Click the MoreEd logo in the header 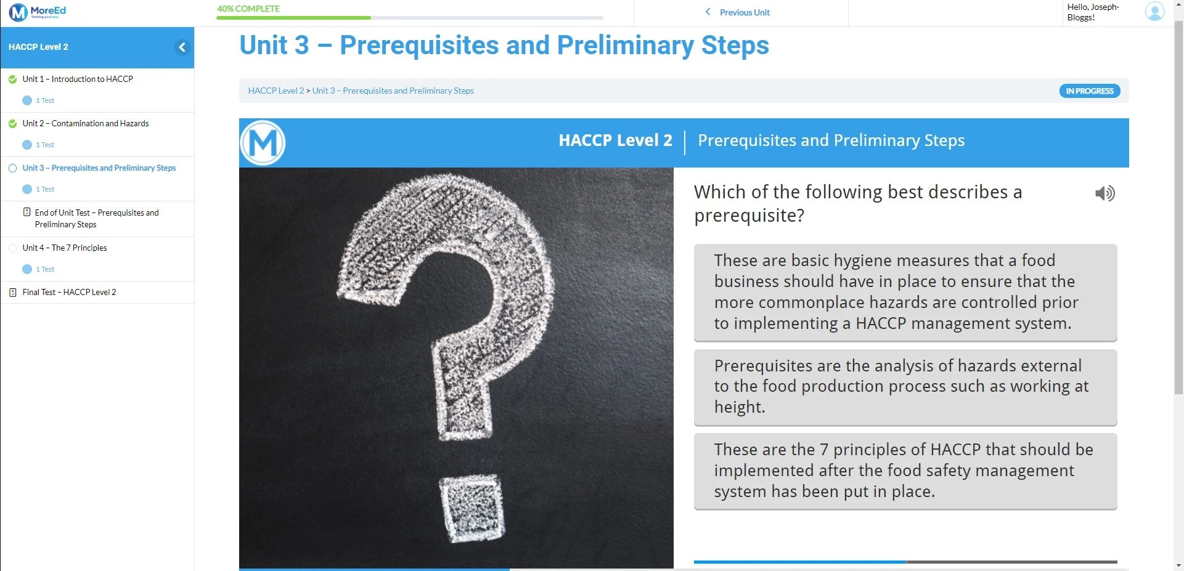[37, 12]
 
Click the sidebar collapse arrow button [182, 47]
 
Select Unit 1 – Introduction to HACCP [78, 79]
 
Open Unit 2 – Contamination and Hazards [86, 123]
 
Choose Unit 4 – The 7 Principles [65, 248]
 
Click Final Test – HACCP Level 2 [69, 292]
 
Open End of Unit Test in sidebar [97, 218]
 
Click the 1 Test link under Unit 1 [44, 100]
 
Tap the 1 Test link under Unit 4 [44, 269]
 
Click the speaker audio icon [1104, 193]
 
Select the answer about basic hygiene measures [905, 292]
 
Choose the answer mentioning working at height [905, 387]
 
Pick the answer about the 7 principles [905, 471]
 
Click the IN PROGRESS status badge [1089, 91]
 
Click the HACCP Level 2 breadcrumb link [276, 91]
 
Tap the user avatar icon [1154, 12]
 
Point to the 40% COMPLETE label [248, 9]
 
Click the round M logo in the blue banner [263, 143]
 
